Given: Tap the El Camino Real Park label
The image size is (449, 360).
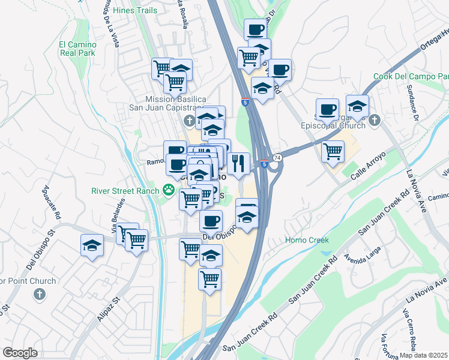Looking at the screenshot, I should click(x=77, y=49).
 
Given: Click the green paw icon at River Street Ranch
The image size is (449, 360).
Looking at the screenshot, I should click(x=169, y=191).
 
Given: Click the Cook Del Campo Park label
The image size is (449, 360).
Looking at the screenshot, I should click(x=411, y=77).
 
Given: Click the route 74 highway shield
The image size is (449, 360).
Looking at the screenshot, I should click(x=277, y=157).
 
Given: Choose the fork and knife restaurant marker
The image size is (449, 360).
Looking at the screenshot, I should click(x=238, y=163).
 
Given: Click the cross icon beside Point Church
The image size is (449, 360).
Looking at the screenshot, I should click(x=39, y=293).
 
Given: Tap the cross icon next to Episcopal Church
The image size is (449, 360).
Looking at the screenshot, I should click(x=374, y=120).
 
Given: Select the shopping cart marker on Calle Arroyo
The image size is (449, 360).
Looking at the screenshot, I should click(x=332, y=151).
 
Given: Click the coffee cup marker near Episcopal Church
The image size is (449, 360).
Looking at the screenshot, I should click(x=327, y=109).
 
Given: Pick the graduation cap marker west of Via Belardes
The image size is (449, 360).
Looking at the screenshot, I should click(x=92, y=245).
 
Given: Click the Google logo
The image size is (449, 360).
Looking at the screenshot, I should click(x=20, y=353).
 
